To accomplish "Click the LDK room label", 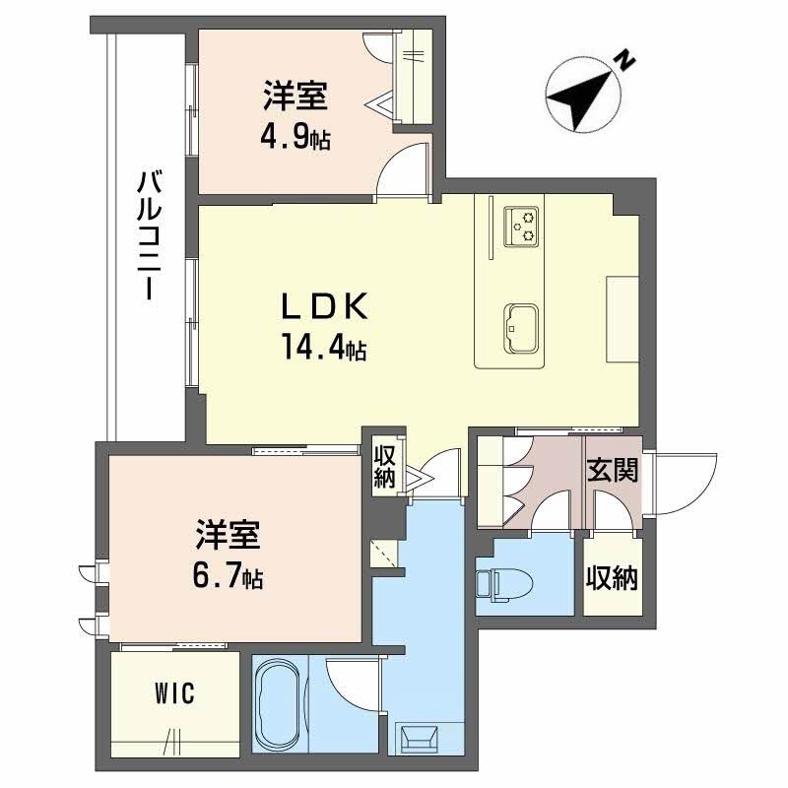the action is [x=325, y=306].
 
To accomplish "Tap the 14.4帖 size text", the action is [x=324, y=347].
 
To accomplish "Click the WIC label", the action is [x=174, y=694].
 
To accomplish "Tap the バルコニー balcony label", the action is [x=150, y=235].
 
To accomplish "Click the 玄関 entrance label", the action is [x=613, y=470].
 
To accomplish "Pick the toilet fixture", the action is [x=504, y=585].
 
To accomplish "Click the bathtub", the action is [x=281, y=704].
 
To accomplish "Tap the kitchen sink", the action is [x=521, y=329].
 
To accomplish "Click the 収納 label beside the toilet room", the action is [x=612, y=578].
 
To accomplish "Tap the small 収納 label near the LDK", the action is [x=384, y=468].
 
